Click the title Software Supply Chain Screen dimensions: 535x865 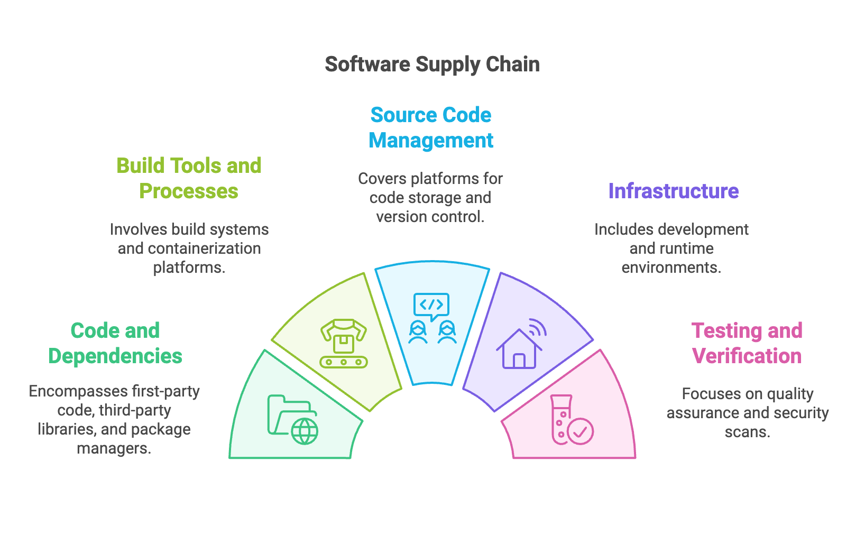click(432, 64)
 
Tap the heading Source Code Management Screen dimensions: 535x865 click(431, 128)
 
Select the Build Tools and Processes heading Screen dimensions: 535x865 click(189, 178)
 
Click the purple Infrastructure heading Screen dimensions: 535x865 click(673, 191)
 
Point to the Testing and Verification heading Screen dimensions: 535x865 click(747, 343)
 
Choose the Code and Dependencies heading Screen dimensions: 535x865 click(115, 343)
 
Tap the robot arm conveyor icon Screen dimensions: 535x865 click(344, 343)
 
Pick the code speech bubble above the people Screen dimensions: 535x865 click(431, 306)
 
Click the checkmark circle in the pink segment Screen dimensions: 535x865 click(581, 431)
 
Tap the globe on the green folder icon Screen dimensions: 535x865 click(305, 431)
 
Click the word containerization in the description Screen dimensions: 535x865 click(207, 248)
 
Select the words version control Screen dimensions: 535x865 click(430, 217)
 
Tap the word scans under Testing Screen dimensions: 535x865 click(747, 432)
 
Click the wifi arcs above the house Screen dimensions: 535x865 click(537, 328)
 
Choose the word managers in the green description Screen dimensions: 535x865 click(114, 448)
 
